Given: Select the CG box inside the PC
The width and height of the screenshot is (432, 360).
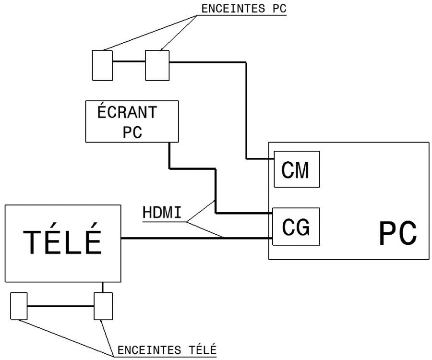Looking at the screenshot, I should coord(296,227).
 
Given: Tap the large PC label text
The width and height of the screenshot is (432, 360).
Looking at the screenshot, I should coord(397,234).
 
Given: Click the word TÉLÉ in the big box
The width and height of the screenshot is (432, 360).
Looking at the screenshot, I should coord(62,242).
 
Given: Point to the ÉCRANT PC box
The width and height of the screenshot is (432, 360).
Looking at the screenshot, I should coord(132,121).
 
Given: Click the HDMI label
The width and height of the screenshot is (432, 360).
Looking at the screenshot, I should coord(162,212).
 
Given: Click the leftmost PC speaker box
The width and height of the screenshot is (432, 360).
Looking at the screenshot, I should coord(101,65).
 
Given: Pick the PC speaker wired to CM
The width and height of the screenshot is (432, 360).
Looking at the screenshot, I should coord(157,65).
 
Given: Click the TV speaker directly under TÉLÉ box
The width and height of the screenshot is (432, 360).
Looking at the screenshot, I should coord(103,306).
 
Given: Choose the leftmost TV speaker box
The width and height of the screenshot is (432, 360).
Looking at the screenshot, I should coord(19,306).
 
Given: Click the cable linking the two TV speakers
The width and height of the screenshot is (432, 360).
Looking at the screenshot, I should coord(60,306).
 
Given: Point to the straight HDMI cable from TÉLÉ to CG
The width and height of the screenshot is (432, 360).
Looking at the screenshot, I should coord(192,238).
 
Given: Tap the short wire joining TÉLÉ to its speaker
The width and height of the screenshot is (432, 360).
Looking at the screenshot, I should coord(103,287).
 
